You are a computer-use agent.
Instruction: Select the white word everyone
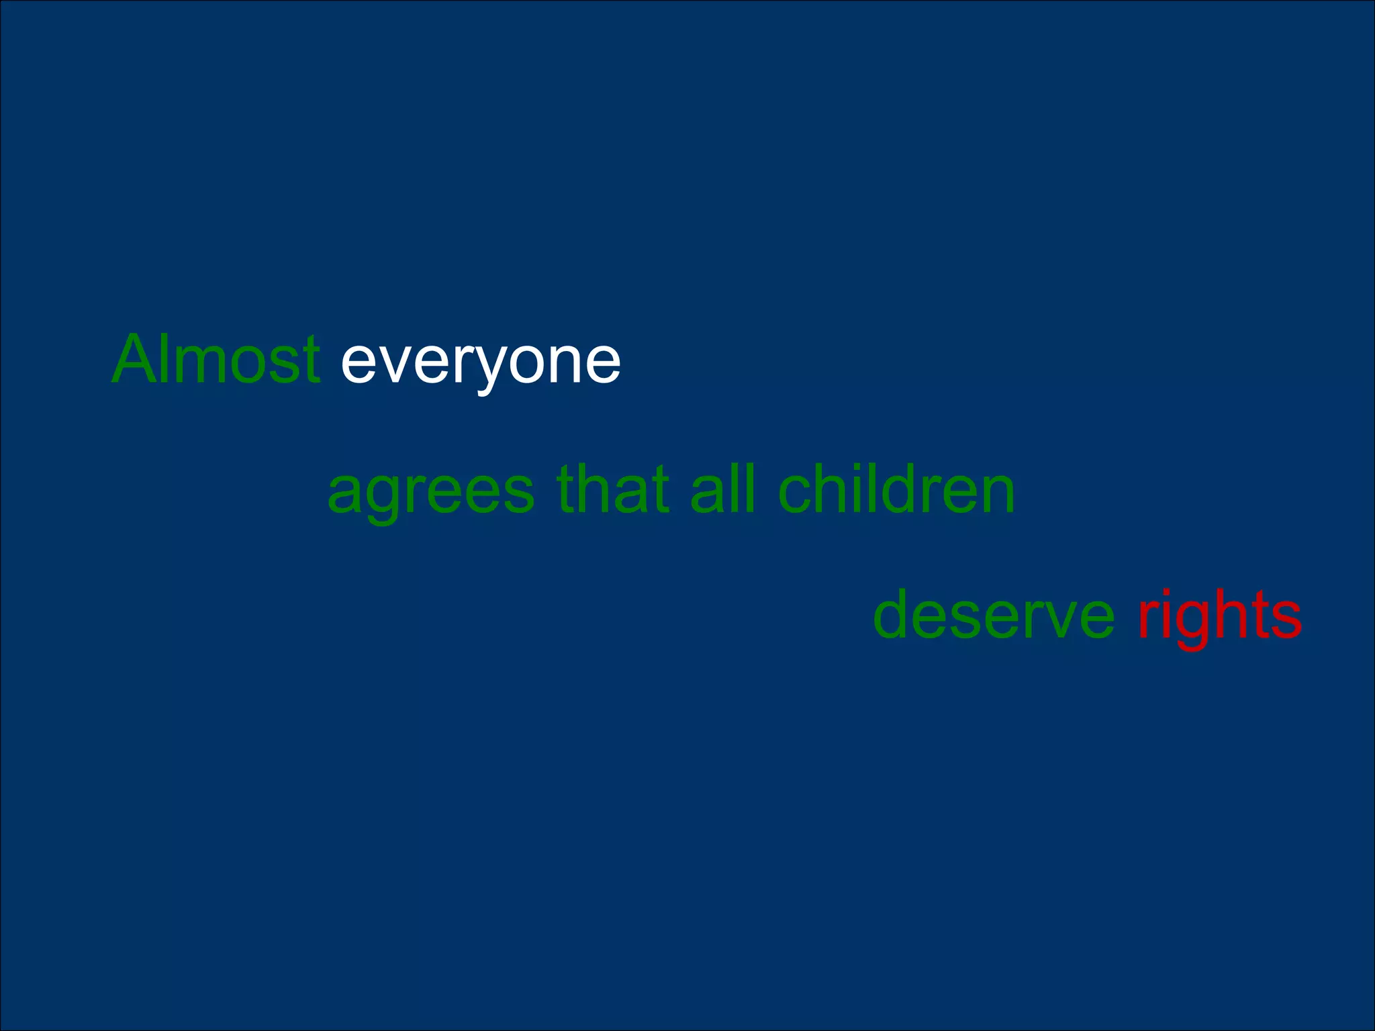click(x=480, y=362)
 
